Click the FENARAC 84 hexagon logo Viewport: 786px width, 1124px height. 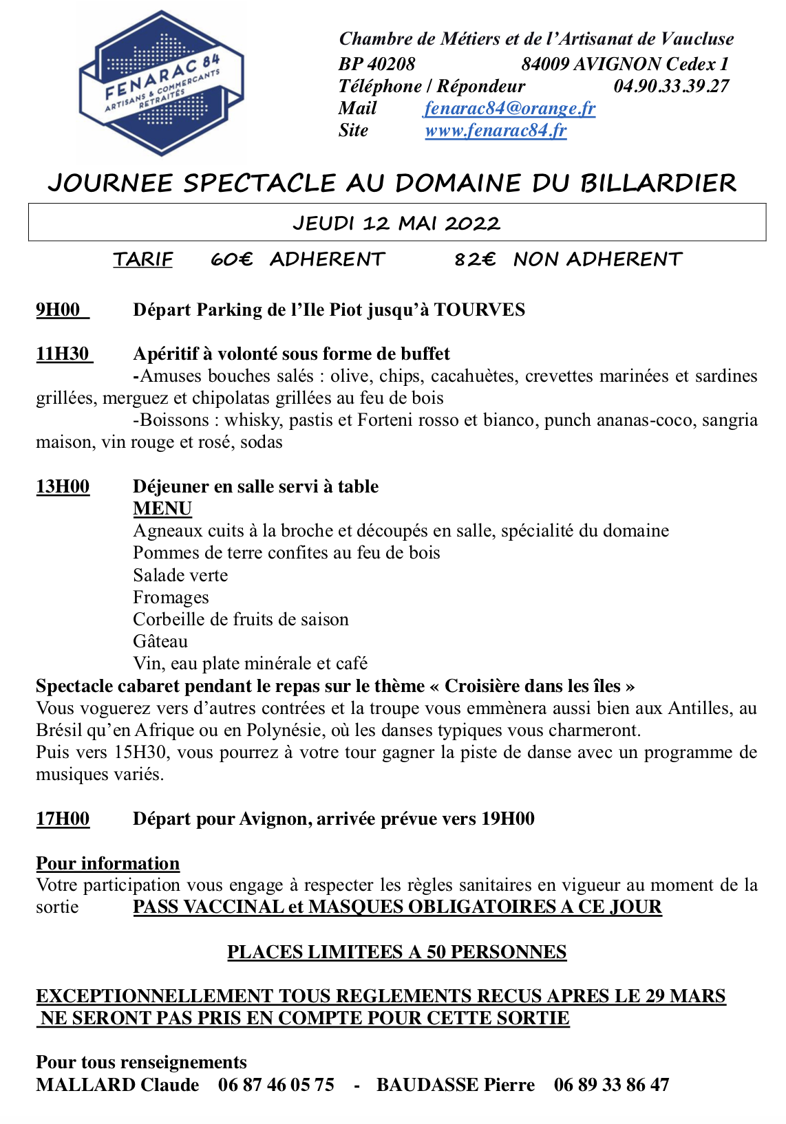pyautogui.click(x=162, y=83)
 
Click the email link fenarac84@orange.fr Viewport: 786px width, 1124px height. pyautogui.click(x=509, y=108)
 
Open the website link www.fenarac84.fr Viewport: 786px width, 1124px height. pyautogui.click(x=496, y=130)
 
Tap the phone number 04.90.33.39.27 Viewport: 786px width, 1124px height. pyautogui.click(x=671, y=86)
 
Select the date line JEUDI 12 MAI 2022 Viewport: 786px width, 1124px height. pyautogui.click(x=396, y=223)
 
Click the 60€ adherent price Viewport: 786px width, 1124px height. pyautogui.click(x=231, y=259)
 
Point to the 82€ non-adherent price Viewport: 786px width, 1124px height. pyautogui.click(x=475, y=259)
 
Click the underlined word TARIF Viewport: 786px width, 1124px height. pyautogui.click(x=143, y=259)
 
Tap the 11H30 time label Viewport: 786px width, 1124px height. pyautogui.click(x=63, y=354)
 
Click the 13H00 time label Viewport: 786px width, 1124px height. pyautogui.click(x=63, y=486)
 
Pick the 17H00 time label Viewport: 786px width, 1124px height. pyautogui.click(x=63, y=819)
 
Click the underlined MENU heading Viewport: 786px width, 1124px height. pyautogui.click(x=162, y=508)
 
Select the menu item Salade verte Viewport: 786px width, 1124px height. pyautogui.click(x=180, y=575)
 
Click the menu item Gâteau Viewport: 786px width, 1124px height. pyautogui.click(x=160, y=641)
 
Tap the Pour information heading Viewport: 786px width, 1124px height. pyautogui.click(x=108, y=863)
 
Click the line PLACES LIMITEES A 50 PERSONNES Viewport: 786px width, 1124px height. pyautogui.click(x=396, y=952)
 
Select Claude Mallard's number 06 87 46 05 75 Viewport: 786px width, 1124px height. pyautogui.click(x=276, y=1085)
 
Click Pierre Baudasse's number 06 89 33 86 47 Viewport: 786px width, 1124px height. pyautogui.click(x=611, y=1085)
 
